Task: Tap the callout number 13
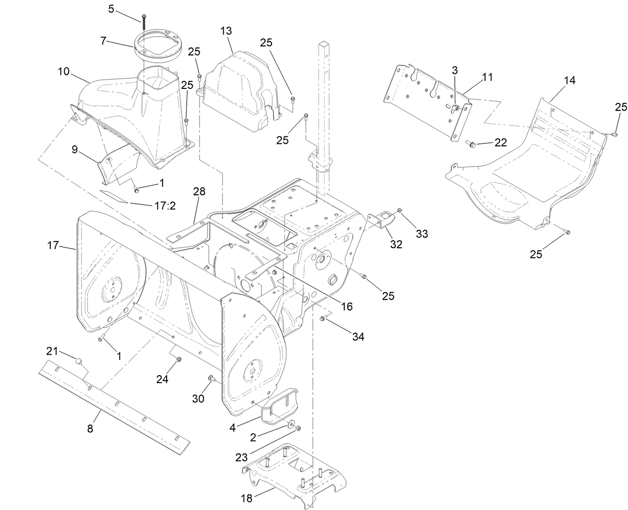point(226,31)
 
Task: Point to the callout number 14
point(569,80)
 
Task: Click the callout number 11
point(487,77)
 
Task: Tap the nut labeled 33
point(400,210)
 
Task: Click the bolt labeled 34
point(322,319)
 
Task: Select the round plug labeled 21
point(78,361)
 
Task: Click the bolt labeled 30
point(211,378)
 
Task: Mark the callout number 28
point(200,192)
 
